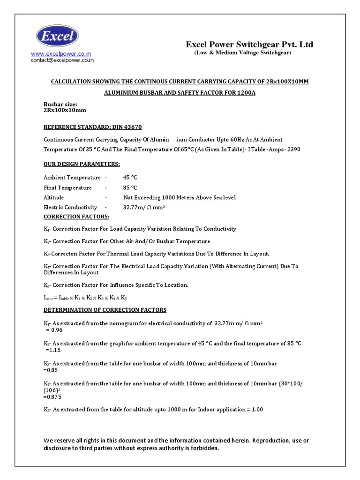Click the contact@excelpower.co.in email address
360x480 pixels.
click(62, 60)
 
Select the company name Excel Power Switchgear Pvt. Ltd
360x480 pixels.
click(249, 45)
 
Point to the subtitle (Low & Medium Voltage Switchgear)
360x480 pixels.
click(243, 53)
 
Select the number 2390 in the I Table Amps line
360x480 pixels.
click(292, 150)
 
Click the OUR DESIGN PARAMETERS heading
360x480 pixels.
click(82, 164)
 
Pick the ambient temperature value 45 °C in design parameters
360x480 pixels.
click(130, 178)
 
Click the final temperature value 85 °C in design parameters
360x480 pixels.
click(130, 187)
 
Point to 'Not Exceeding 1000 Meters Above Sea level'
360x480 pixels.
click(179, 197)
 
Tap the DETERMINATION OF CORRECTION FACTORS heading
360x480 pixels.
click(105, 310)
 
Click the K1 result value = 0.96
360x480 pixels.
click(51, 330)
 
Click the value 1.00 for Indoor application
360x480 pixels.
click(256, 409)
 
